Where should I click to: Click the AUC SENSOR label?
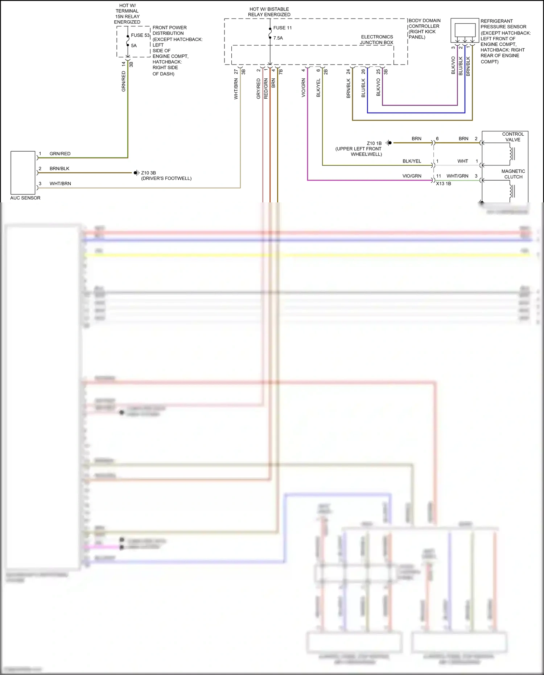pos(25,198)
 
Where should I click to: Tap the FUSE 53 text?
pos(140,35)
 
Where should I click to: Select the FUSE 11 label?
pos(282,28)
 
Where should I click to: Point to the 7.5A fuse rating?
pos(278,38)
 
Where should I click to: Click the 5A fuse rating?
pos(134,46)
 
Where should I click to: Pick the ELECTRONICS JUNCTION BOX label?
pos(377,40)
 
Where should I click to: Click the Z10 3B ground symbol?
pos(136,173)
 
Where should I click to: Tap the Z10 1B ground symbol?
pos(389,143)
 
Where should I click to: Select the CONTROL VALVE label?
pos(513,137)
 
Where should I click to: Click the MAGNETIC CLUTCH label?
pos(513,174)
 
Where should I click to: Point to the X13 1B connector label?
pos(443,184)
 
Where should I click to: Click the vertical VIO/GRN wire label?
pos(303,88)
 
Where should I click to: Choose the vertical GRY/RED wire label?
pos(258,89)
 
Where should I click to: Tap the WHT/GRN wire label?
pos(457,176)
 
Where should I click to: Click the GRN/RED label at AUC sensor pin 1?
pos(60,154)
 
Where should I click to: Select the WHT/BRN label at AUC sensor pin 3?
pos(60,184)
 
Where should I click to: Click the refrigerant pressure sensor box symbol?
pos(465,30)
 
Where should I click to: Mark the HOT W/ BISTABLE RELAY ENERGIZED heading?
pos(269,12)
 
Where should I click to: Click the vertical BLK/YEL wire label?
pos(318,88)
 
